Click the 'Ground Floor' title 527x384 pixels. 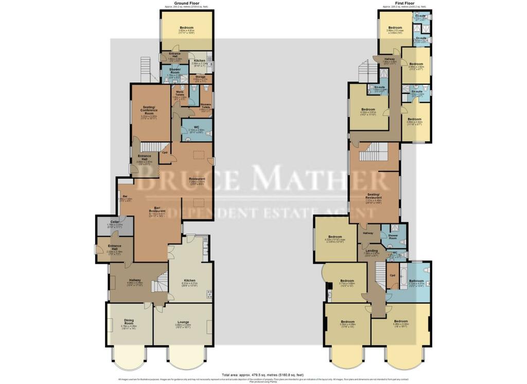click(x=186, y=4)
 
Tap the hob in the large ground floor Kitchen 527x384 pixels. click(x=208, y=294)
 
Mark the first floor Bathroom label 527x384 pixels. click(x=416, y=281)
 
